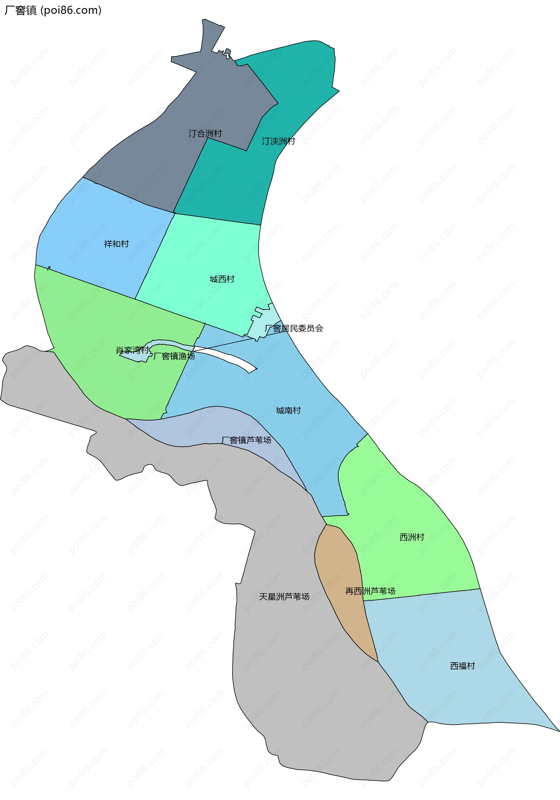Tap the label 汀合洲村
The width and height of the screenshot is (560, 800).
pos(205,133)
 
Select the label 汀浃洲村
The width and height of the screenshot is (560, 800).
pos(278,141)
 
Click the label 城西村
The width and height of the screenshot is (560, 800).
pos(222,279)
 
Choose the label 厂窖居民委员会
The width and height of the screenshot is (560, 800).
pos(294,328)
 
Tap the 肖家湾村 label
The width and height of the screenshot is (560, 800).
pos(132,350)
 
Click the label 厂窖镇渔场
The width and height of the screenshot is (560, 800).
pos(174,356)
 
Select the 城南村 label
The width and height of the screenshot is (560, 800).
pos(288,410)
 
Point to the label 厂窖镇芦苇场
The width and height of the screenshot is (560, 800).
pos(246,440)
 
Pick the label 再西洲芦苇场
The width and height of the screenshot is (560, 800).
pos(370,591)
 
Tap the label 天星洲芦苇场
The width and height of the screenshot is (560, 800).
pos(284,597)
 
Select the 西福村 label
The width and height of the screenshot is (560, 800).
pos(463,666)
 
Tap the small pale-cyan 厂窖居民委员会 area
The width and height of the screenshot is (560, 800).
pos(260,324)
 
